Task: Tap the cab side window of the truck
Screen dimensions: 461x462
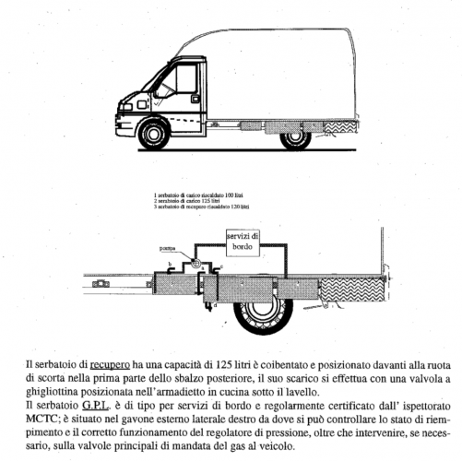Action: tap(185, 83)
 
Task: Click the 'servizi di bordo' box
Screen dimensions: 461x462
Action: tap(244, 241)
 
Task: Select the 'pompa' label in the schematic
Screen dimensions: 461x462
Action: tap(166, 249)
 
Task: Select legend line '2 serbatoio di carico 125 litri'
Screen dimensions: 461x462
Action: tap(188, 202)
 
